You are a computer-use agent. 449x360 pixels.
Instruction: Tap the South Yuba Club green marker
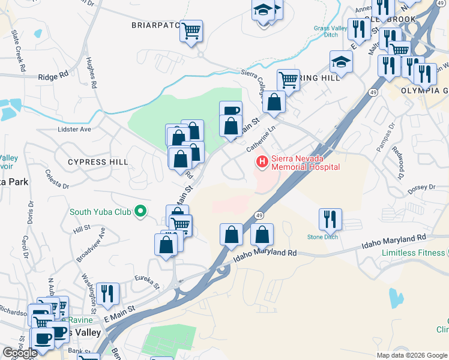140,211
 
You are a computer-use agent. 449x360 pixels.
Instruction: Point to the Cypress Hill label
98,162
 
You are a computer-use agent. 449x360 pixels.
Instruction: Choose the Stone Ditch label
323,237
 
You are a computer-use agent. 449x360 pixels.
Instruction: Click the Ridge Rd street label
53,77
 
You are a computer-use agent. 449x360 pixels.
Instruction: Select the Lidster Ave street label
74,129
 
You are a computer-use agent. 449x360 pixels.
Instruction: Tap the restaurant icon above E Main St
108,293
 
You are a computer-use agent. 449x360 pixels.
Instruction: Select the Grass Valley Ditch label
331,31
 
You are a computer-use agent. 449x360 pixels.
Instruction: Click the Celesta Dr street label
57,179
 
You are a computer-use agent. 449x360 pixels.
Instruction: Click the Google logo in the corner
20,353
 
